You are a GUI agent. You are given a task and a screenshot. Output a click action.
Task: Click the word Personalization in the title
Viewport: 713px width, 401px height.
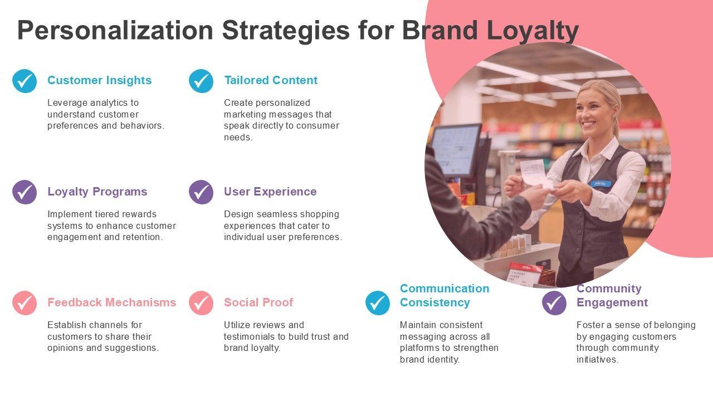click(x=115, y=31)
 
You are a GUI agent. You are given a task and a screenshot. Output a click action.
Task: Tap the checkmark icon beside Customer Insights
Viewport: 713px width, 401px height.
click(x=25, y=81)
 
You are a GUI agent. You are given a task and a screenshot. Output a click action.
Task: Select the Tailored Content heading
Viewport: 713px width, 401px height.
click(x=271, y=80)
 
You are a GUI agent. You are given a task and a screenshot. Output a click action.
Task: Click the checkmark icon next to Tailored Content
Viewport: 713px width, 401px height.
click(x=201, y=81)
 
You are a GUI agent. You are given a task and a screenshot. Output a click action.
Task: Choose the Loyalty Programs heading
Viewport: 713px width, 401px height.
click(x=97, y=192)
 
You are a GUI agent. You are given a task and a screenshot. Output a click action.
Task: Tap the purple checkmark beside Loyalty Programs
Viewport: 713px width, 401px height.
click(x=25, y=192)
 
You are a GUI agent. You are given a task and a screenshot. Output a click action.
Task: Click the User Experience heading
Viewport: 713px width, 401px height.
click(x=270, y=192)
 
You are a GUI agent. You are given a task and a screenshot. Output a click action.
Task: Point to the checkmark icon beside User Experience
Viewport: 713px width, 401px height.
click(x=201, y=192)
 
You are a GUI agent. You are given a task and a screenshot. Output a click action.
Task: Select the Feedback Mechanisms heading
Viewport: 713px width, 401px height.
click(x=111, y=302)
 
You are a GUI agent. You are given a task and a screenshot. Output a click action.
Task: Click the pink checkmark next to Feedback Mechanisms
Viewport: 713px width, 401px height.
click(x=25, y=303)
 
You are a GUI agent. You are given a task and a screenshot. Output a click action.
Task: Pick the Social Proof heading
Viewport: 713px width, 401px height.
click(x=258, y=302)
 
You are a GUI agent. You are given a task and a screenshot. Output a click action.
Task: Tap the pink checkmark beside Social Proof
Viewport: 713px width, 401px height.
click(x=201, y=303)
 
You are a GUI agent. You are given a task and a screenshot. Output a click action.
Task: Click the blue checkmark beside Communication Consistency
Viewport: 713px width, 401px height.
click(x=378, y=303)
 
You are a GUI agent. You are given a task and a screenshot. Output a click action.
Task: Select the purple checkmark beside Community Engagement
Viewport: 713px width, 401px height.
click(x=554, y=303)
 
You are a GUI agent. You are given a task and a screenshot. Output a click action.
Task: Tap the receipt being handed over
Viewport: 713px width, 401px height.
click(x=533, y=172)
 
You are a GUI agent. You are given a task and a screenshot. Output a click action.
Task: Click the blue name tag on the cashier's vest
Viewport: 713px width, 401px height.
click(x=601, y=183)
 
